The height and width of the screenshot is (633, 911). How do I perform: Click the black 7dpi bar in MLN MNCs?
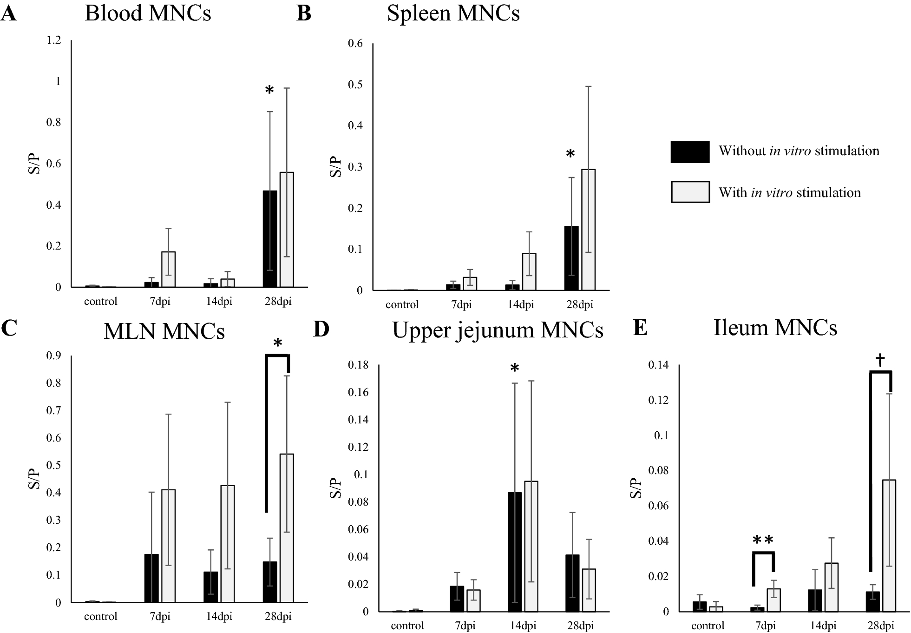pyautogui.click(x=151, y=578)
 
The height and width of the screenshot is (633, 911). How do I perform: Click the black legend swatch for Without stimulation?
pyautogui.click(x=690, y=152)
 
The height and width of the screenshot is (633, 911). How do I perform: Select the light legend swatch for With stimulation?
pyautogui.click(x=690, y=192)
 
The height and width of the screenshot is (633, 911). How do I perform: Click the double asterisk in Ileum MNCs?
pyautogui.click(x=763, y=541)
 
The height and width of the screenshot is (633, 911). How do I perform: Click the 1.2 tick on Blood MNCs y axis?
pyautogui.click(x=54, y=40)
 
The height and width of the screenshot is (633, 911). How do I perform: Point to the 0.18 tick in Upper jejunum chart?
pyautogui.click(x=358, y=365)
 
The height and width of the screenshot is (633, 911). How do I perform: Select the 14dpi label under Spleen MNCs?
pyautogui.click(x=520, y=305)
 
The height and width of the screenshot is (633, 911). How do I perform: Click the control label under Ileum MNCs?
pyautogui.click(x=708, y=626)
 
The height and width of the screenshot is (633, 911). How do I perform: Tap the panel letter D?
pyautogui.click(x=321, y=329)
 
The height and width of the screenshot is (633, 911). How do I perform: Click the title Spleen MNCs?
pyautogui.click(x=453, y=13)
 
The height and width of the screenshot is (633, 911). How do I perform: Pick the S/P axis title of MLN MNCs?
pyautogui.click(x=34, y=479)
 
